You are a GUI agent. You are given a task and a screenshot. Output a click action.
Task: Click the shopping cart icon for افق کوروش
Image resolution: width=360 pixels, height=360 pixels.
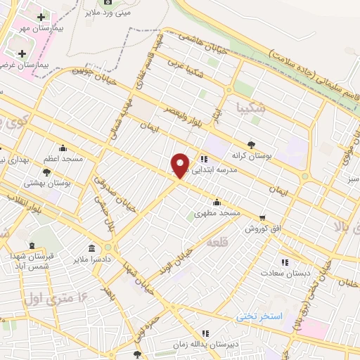pyautogui.click(x=262, y=218)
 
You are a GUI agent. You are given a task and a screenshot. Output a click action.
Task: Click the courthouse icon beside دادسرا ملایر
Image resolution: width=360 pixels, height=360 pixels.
pyautogui.click(x=92, y=248)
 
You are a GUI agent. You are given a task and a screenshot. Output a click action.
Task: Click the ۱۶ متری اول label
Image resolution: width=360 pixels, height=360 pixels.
pyautogui.click(x=62, y=296)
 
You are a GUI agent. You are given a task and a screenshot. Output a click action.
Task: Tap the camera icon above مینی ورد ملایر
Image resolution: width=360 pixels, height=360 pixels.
pyautogui.click(x=108, y=3)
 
